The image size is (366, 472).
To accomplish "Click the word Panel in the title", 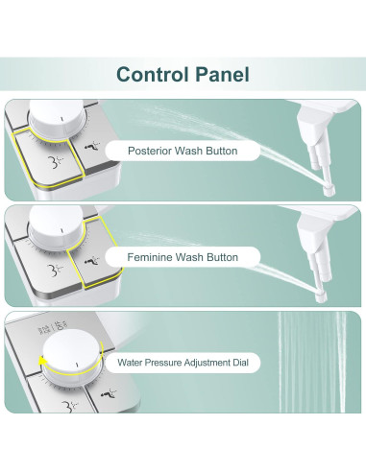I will (220, 73).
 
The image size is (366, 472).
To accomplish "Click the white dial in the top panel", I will (56, 122).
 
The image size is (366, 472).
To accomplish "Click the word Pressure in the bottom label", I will (164, 363).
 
